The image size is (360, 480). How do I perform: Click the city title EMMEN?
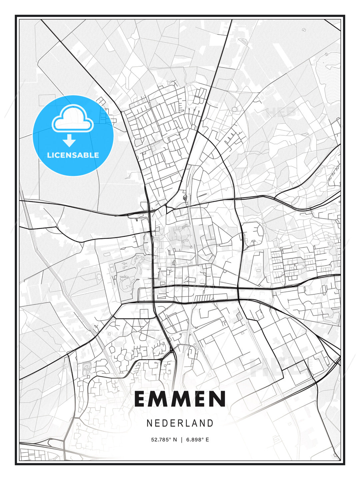180,399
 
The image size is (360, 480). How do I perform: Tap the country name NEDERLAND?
180,423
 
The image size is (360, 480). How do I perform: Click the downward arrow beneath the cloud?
69,140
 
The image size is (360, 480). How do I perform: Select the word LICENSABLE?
73,155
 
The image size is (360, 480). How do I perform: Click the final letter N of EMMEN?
218,399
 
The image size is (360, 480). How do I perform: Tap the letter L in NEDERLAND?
187,423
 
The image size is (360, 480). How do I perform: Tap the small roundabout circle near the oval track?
234,109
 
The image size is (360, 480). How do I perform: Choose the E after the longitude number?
207,440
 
